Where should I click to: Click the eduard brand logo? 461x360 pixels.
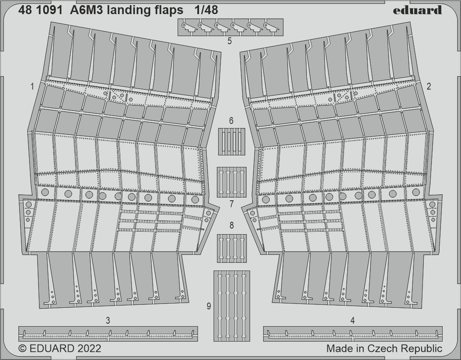pos(417,10)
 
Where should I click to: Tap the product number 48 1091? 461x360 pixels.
pos(40,10)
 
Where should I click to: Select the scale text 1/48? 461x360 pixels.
pos(206,10)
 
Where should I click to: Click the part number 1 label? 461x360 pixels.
pos(32,86)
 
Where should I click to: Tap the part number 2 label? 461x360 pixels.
pos(428,86)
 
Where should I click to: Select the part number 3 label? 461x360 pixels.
pos(108,320)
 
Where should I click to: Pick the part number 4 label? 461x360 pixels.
pos(353,320)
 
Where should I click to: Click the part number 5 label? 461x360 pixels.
pos(229,41)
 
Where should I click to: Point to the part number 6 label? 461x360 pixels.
pos(231,121)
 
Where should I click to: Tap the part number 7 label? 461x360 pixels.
pos(232,204)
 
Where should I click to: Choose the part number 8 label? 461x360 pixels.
pos(232,226)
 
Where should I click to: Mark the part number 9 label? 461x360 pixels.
pos(209,306)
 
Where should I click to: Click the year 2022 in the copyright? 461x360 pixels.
pos(89,348)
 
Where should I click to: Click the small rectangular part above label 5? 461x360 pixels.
pos(230,27)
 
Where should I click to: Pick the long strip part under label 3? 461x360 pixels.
pos(108,334)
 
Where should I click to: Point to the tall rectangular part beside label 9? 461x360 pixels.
pos(232,306)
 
